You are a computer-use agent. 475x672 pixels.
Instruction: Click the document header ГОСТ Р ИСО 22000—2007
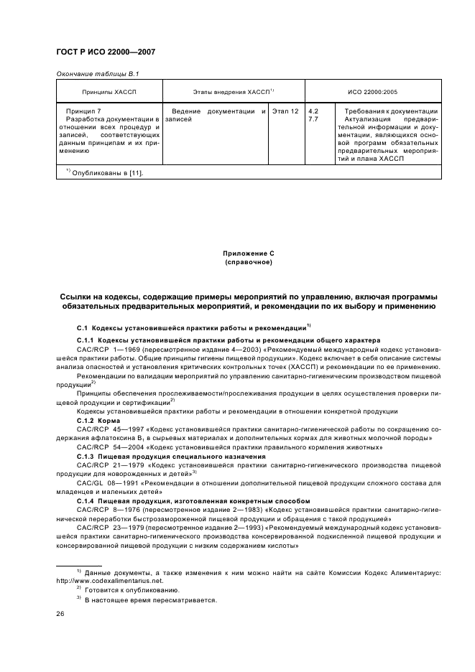tap(106, 52)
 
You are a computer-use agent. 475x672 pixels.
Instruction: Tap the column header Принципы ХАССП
tap(109, 93)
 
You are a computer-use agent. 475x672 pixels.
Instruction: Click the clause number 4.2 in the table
tap(313, 111)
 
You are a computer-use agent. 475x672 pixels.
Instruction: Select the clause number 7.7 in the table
tap(313, 119)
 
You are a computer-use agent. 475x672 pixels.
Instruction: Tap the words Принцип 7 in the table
tap(83, 111)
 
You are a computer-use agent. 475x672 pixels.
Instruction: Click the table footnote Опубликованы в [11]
tap(106, 172)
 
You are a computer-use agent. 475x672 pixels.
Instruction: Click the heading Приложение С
tap(237, 254)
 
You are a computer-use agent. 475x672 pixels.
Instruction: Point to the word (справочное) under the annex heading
tap(237, 263)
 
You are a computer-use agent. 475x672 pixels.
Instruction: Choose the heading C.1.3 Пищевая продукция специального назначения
tap(161, 456)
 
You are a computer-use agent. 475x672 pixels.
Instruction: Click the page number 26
tap(60, 614)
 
